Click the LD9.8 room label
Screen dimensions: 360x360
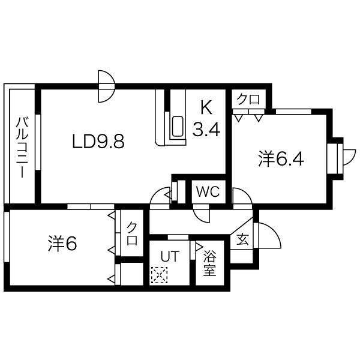coord(98,141)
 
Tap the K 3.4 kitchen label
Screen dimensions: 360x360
coord(206,119)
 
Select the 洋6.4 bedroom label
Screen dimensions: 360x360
coord(281,158)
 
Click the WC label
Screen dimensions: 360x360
coord(208,191)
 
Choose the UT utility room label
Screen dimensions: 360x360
coord(170,256)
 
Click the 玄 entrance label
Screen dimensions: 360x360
coord(242,239)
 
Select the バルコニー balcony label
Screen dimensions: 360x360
coord(22,147)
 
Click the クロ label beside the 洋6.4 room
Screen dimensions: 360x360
coord(248,100)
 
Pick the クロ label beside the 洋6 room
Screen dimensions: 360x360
coord(132,233)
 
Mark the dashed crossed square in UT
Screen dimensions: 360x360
coord(159,275)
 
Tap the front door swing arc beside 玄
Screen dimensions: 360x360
coord(273,232)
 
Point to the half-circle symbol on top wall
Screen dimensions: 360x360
coord(106,86)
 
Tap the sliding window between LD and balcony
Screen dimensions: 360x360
coord(38,142)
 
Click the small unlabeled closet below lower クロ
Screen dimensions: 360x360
coord(132,274)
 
